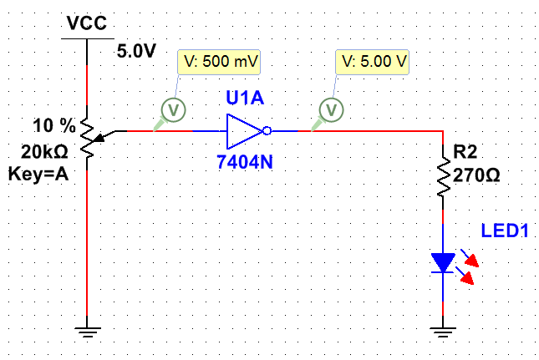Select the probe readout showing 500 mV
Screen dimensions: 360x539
tap(219, 63)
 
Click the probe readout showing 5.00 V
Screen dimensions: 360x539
tap(373, 63)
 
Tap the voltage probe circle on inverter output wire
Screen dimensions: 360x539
tap(332, 109)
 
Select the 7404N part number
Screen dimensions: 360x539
tap(245, 162)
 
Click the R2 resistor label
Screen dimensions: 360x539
tap(465, 153)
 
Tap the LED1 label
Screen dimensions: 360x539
tap(505, 231)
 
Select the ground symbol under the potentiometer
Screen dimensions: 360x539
tap(87, 333)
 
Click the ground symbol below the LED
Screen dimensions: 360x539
tap(442, 333)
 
